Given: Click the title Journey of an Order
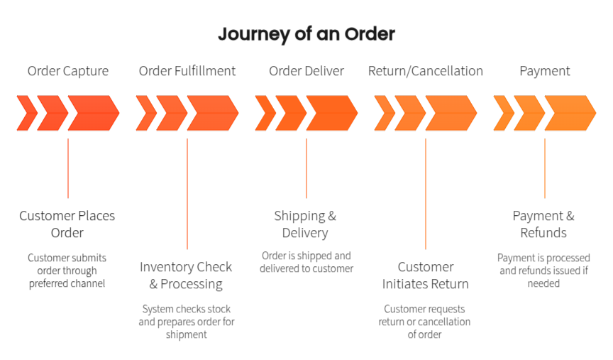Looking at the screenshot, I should pyautogui.click(x=306, y=34).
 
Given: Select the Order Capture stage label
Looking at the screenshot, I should pyautogui.click(x=68, y=71).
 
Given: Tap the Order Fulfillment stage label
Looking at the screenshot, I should pyautogui.click(x=187, y=71).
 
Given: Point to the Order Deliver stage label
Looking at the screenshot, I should pyautogui.click(x=306, y=71).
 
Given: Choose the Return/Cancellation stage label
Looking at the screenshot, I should pyautogui.click(x=426, y=71).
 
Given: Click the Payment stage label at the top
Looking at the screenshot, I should pyautogui.click(x=545, y=71).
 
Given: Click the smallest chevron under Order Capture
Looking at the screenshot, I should pyautogui.click(x=28, y=113).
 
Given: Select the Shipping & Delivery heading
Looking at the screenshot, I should pyautogui.click(x=305, y=224).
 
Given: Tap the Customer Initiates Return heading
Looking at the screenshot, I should pyautogui.click(x=426, y=276).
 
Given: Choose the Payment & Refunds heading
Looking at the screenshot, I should pyautogui.click(x=543, y=224).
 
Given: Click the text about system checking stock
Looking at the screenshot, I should pyautogui.click(x=187, y=322).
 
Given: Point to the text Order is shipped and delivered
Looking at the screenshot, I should pyautogui.click(x=306, y=262).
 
